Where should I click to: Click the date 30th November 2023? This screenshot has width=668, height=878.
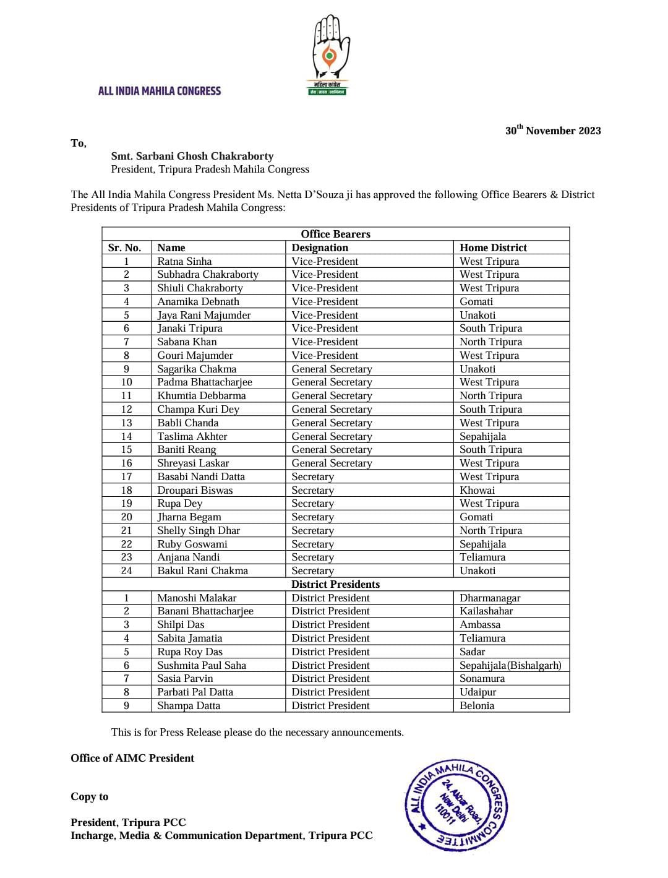(x=553, y=131)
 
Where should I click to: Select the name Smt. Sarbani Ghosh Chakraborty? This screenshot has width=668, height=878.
(x=192, y=157)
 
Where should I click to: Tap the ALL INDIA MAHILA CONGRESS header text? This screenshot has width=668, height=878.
(x=159, y=91)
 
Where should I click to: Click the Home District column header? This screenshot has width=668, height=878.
(x=493, y=247)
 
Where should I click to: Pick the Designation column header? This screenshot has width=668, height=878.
(x=320, y=247)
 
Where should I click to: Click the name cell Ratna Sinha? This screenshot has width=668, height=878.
(x=184, y=261)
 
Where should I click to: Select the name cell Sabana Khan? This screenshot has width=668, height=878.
(x=187, y=342)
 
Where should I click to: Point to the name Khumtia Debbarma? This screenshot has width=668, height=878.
(x=201, y=395)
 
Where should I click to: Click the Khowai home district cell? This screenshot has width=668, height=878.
(x=477, y=490)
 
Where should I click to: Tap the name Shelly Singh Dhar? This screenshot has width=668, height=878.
(x=199, y=530)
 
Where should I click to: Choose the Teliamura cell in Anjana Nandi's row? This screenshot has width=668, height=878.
(x=482, y=557)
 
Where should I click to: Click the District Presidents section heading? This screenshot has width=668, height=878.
(x=335, y=584)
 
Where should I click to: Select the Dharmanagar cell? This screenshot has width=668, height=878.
(x=490, y=598)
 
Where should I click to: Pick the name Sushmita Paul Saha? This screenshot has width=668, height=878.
(x=202, y=665)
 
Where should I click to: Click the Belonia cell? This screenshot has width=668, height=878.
(x=477, y=705)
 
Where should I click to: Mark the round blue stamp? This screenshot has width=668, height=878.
(x=456, y=804)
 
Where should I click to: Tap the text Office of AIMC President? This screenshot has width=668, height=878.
(x=132, y=758)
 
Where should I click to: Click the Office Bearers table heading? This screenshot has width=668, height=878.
(x=335, y=234)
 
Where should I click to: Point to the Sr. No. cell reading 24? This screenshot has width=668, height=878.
(x=126, y=570)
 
